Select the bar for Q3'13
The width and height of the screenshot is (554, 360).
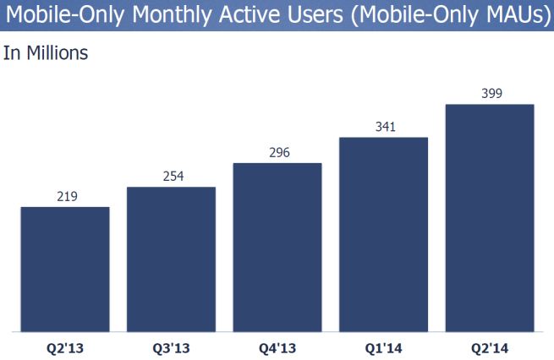(x=171, y=259)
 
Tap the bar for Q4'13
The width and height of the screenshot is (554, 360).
(x=277, y=246)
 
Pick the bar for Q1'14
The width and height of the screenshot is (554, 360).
(x=383, y=233)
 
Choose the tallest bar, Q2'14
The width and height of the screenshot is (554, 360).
(x=490, y=217)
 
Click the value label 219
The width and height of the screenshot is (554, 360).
(x=65, y=197)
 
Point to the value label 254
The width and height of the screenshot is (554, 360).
(x=172, y=177)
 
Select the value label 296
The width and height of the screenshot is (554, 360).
(x=277, y=153)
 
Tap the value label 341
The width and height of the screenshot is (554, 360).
(x=383, y=128)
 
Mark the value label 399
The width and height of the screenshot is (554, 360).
(x=490, y=94)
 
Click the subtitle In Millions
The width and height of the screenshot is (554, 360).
(x=46, y=53)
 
